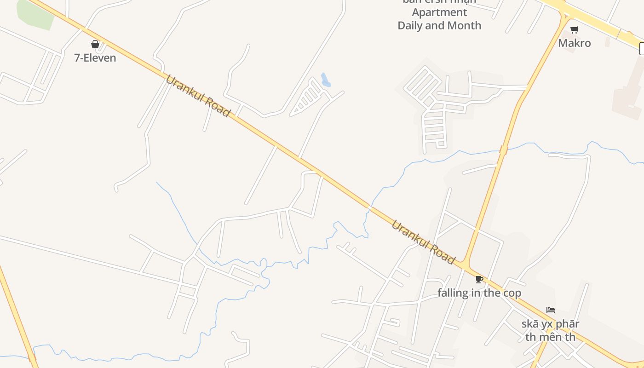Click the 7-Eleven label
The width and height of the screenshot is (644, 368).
[95, 58]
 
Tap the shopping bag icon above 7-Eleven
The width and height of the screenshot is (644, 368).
[95, 44]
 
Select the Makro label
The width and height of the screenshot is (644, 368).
[575, 43]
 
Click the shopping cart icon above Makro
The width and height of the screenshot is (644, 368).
[574, 30]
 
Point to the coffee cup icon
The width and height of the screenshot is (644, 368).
[479, 279]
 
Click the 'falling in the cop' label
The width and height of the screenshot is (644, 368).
[479, 293]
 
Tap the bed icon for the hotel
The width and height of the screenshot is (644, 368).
[551, 310]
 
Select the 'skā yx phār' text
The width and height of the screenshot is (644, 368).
[550, 323]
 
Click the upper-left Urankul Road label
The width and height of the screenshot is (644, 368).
[198, 96]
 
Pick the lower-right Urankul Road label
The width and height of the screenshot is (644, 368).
[423, 242]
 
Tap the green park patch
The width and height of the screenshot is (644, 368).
[35, 15]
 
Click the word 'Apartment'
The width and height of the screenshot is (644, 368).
[439, 12]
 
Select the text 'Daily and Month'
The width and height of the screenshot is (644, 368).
[439, 25]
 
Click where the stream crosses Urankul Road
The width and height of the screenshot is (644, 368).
[369, 207]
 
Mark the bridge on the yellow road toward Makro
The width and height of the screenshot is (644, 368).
[504, 149]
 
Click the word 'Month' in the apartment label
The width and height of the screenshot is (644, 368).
[465, 25]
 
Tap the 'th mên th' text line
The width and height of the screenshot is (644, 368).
[550, 337]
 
